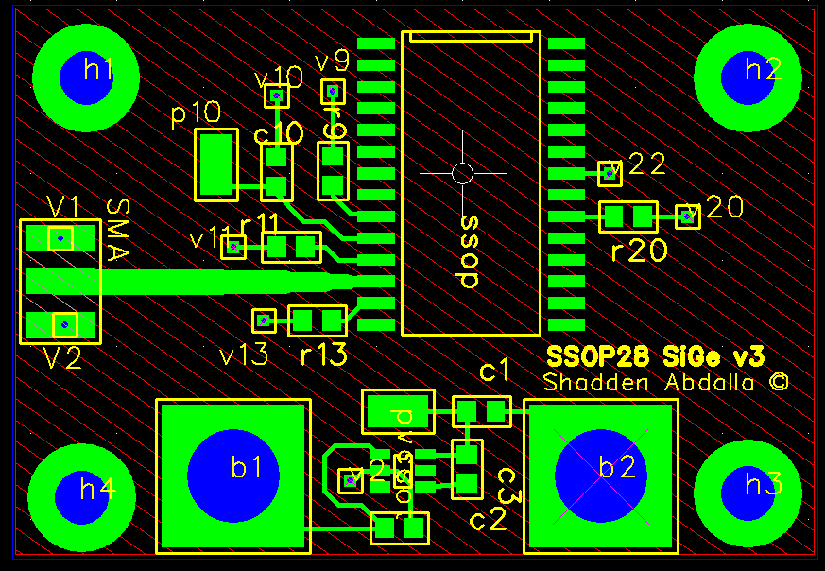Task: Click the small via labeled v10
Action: coord(276,95)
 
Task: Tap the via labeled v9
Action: coord(332,92)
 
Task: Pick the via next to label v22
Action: coord(610,173)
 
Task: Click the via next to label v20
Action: coord(687,216)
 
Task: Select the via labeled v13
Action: coord(264,320)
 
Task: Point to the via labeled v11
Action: coord(233,247)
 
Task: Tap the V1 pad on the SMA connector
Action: coord(60,238)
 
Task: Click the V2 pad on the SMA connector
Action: coord(64,324)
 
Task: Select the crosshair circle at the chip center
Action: coord(462,173)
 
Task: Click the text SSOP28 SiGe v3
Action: coord(656,356)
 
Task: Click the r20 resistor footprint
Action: coord(628,216)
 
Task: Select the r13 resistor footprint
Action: coord(317,320)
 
